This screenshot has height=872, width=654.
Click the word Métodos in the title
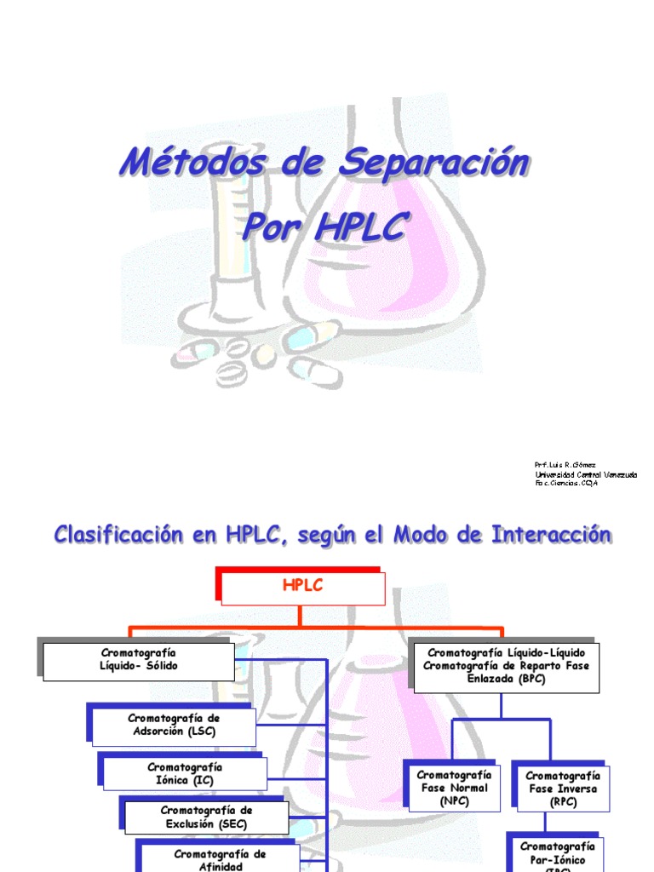tap(181, 162)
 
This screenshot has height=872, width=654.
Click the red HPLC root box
tap(303, 588)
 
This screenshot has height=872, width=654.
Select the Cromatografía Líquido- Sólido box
tap(139, 660)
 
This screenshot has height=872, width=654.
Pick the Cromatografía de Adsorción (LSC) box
tap(174, 725)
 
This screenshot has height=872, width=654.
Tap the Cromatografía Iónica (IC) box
tap(185, 773)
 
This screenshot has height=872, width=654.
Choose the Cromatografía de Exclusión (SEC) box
tap(208, 816)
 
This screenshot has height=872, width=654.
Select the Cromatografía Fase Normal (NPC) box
tap(453, 788)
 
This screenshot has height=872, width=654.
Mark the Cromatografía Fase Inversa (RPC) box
tap(562, 789)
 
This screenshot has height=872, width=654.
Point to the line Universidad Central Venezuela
tap(586, 474)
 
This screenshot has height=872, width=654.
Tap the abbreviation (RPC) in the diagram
tap(562, 802)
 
